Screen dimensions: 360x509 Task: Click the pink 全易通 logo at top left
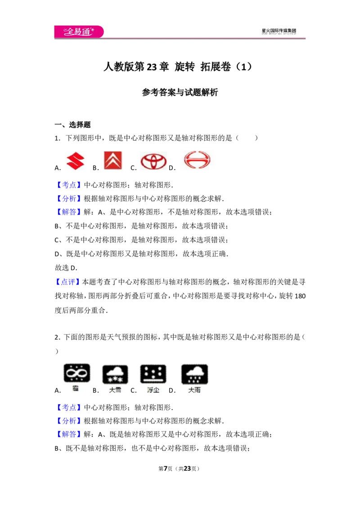tap(79, 31)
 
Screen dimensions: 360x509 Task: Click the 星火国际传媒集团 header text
tap(279, 31)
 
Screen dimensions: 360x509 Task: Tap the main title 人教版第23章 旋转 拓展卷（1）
tap(178, 67)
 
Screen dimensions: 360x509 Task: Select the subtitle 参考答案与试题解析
tap(180, 92)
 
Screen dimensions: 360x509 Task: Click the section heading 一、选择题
tap(72, 125)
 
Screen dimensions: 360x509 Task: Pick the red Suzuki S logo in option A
tap(76, 161)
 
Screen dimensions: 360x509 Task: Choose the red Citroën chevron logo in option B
tap(113, 161)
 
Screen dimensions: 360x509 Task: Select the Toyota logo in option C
tap(153, 161)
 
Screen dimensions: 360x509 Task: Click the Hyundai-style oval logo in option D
tap(197, 160)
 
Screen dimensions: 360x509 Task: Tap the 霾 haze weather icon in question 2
tap(76, 373)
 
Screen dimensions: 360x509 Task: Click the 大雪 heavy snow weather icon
tap(115, 374)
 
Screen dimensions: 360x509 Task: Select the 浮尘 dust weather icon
tap(153, 374)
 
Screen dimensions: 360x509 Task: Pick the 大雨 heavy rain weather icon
tap(194, 374)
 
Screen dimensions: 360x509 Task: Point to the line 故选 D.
tap(66, 268)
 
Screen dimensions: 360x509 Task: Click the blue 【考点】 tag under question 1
tap(69, 185)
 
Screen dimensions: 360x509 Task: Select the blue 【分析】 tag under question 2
tap(69, 421)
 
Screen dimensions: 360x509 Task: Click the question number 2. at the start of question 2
tap(58, 337)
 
